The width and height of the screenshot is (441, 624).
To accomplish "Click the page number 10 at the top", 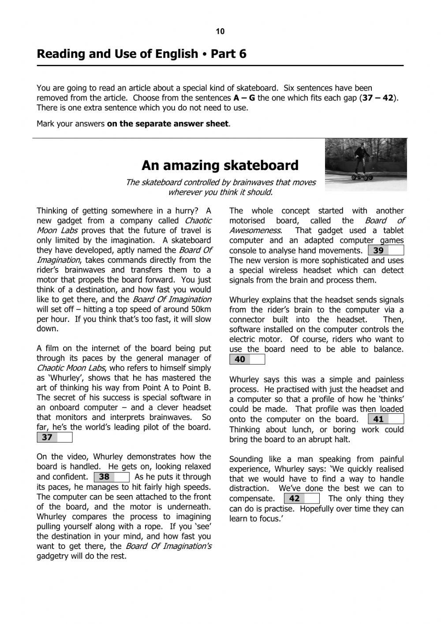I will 220,31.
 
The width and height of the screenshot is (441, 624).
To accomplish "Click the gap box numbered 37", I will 54,438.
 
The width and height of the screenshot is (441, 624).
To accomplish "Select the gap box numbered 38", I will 112,477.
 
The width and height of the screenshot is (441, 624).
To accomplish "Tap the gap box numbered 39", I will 386,251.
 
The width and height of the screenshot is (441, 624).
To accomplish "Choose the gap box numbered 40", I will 247,359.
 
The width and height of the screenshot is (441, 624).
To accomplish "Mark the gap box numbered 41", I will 386,420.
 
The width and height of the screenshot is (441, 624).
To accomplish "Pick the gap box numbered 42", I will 302,499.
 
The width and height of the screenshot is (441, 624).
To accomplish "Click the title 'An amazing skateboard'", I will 220,165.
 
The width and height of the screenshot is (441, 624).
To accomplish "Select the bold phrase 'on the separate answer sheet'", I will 168,124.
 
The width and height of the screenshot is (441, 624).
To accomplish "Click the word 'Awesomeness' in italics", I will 254,231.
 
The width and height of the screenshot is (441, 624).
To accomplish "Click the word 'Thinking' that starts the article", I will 52,211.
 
